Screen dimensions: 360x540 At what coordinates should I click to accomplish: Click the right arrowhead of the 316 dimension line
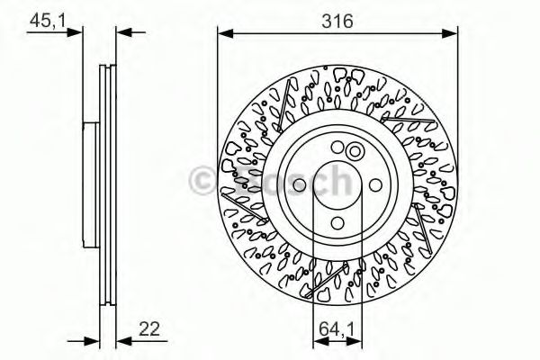point(452,34)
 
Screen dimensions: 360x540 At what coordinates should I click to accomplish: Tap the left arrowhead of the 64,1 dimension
point(317,341)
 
